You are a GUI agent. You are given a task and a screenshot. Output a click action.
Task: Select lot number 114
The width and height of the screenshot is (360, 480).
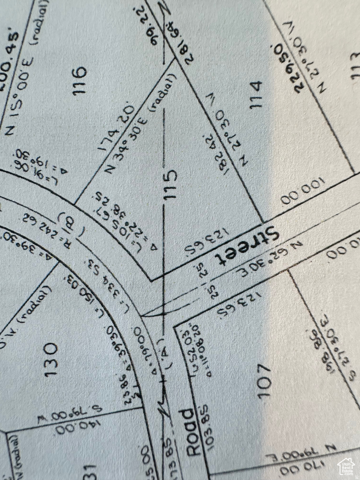255,94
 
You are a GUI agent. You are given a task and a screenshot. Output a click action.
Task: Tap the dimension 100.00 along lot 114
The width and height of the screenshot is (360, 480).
303,191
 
